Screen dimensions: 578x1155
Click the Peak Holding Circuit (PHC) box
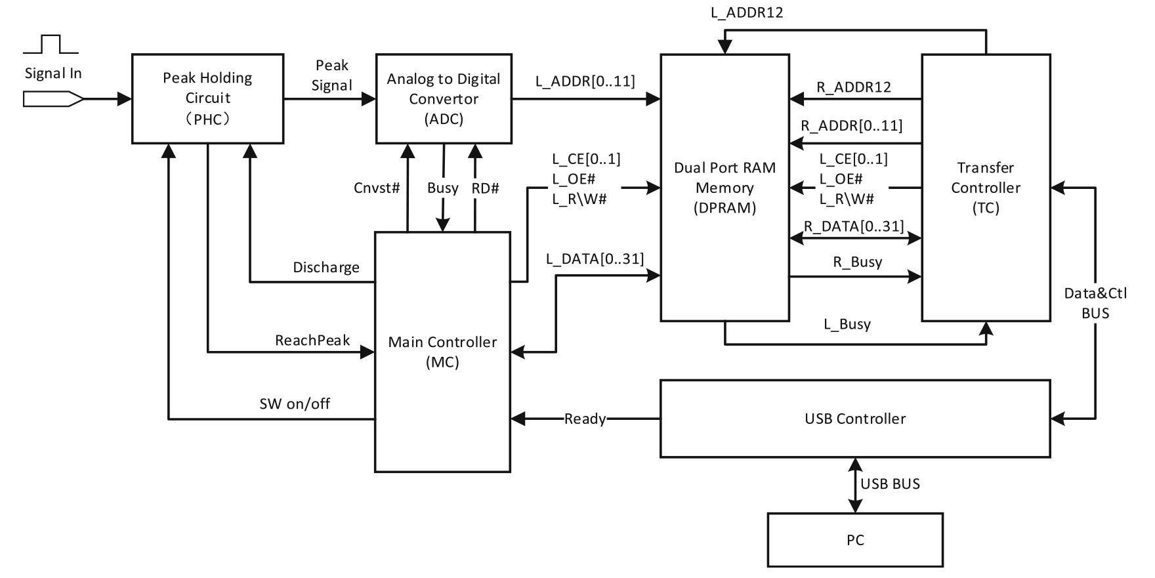tap(207, 98)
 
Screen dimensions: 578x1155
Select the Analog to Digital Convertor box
tap(444, 98)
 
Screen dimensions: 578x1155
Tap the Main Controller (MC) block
tap(442, 352)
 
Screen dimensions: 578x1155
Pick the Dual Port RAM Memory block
tap(724, 188)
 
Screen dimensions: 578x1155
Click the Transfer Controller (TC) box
tap(986, 188)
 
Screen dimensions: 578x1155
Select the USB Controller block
tap(854, 419)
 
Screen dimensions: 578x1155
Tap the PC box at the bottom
tap(854, 540)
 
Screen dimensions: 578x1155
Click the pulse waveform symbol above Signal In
tap(51, 45)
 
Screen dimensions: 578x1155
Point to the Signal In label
tap(53, 73)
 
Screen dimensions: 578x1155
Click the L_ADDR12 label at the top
tap(747, 12)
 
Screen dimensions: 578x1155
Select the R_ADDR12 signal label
tap(853, 87)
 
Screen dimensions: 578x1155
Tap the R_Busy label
tap(857, 262)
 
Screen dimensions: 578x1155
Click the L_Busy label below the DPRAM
tap(847, 324)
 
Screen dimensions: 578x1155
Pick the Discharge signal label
tap(325, 267)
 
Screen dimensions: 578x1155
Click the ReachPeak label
tap(312, 341)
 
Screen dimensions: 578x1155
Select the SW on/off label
tap(295, 403)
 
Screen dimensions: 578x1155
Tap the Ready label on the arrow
tap(585, 419)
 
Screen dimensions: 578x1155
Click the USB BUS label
tap(890, 484)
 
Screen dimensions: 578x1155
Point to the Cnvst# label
tap(377, 188)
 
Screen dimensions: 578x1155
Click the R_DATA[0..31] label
tap(853, 226)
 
